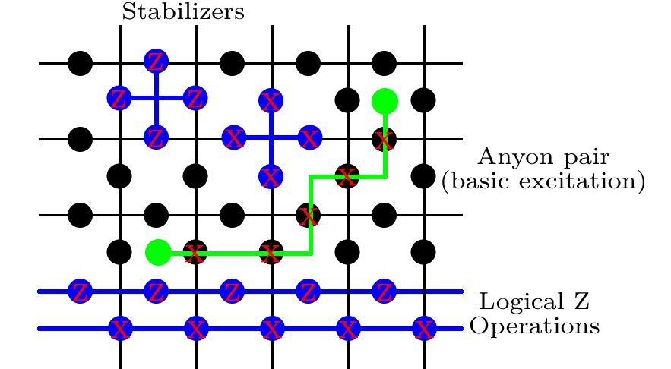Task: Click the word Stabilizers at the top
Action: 183,11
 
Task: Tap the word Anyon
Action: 517,157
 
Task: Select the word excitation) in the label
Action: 582,181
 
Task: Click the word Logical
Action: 521,301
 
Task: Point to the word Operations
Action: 534,326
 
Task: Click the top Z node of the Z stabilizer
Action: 157,61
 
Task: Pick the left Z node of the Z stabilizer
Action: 119,98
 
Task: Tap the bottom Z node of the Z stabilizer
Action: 157,137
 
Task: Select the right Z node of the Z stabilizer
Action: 195,98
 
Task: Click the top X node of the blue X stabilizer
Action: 271,101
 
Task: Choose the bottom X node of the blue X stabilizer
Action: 271,176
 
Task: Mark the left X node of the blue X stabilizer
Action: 233,137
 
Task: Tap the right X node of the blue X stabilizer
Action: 310,137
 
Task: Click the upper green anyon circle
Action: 385,101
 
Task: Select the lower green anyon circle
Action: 158,252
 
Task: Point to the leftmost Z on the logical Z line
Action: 81,291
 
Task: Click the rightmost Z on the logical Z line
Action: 384,291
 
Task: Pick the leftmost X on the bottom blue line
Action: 120,329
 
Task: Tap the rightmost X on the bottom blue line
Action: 424,329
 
